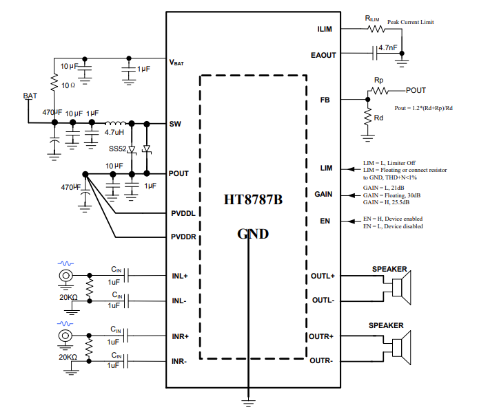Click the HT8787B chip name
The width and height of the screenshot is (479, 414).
(253, 200)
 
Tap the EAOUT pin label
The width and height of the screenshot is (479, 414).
(323, 55)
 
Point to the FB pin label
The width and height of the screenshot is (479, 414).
(325, 100)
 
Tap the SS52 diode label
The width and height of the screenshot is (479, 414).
(117, 149)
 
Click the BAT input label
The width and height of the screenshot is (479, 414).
(30, 96)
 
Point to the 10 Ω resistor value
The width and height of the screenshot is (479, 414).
(68, 85)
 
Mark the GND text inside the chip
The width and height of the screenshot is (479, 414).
(253, 233)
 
